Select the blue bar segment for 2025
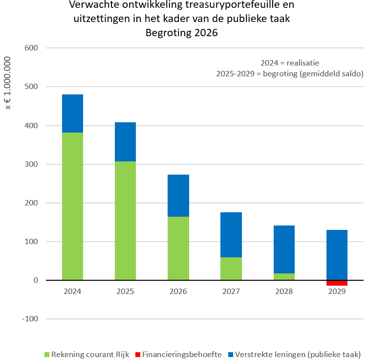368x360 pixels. tap(125, 142)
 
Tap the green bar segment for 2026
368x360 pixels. tap(178, 248)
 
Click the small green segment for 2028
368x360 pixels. tap(284, 277)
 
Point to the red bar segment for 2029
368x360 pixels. tap(337, 283)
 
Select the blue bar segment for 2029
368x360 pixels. tap(337, 255)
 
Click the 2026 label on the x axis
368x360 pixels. tap(178, 292)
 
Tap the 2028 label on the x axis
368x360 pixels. tap(284, 292)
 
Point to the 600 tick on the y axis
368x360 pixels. tap(31, 48)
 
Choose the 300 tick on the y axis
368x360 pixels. tap(31, 164)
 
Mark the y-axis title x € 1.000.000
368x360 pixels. tap(7, 84)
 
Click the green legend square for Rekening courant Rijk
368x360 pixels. tap(47, 354)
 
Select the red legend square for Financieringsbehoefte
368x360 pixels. tap(138, 354)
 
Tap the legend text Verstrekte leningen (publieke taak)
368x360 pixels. tap(298, 354)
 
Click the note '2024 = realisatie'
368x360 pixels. tap(290, 63)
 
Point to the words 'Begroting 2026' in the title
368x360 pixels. tap(181, 33)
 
